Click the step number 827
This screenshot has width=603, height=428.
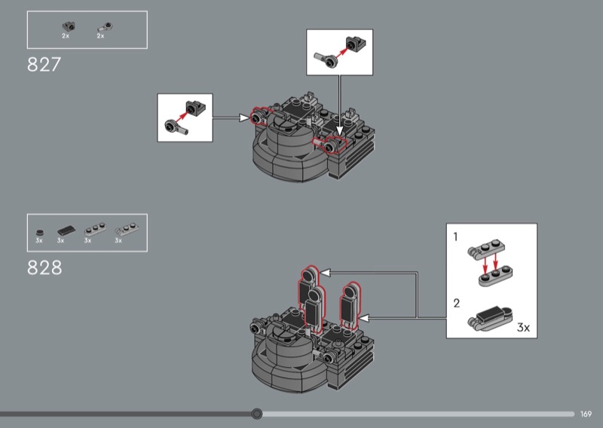[x=44, y=65]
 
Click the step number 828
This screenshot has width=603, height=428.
[x=44, y=267]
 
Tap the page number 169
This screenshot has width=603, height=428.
[x=586, y=414]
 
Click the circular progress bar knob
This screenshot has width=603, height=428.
[x=257, y=414]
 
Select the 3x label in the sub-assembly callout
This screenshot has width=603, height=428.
[x=524, y=328]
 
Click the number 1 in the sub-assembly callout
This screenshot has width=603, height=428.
[x=456, y=237]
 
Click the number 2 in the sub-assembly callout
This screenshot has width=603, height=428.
[x=456, y=304]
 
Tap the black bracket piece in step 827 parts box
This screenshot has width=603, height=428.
[x=66, y=27]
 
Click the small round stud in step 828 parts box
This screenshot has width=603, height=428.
[x=39, y=231]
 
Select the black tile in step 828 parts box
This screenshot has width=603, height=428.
[x=65, y=230]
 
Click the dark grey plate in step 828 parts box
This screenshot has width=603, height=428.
[x=93, y=229]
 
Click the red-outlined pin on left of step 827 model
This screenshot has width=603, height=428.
[x=258, y=118]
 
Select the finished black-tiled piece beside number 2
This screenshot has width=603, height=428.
[x=491, y=317]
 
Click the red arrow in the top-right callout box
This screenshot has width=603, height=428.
[x=343, y=51]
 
